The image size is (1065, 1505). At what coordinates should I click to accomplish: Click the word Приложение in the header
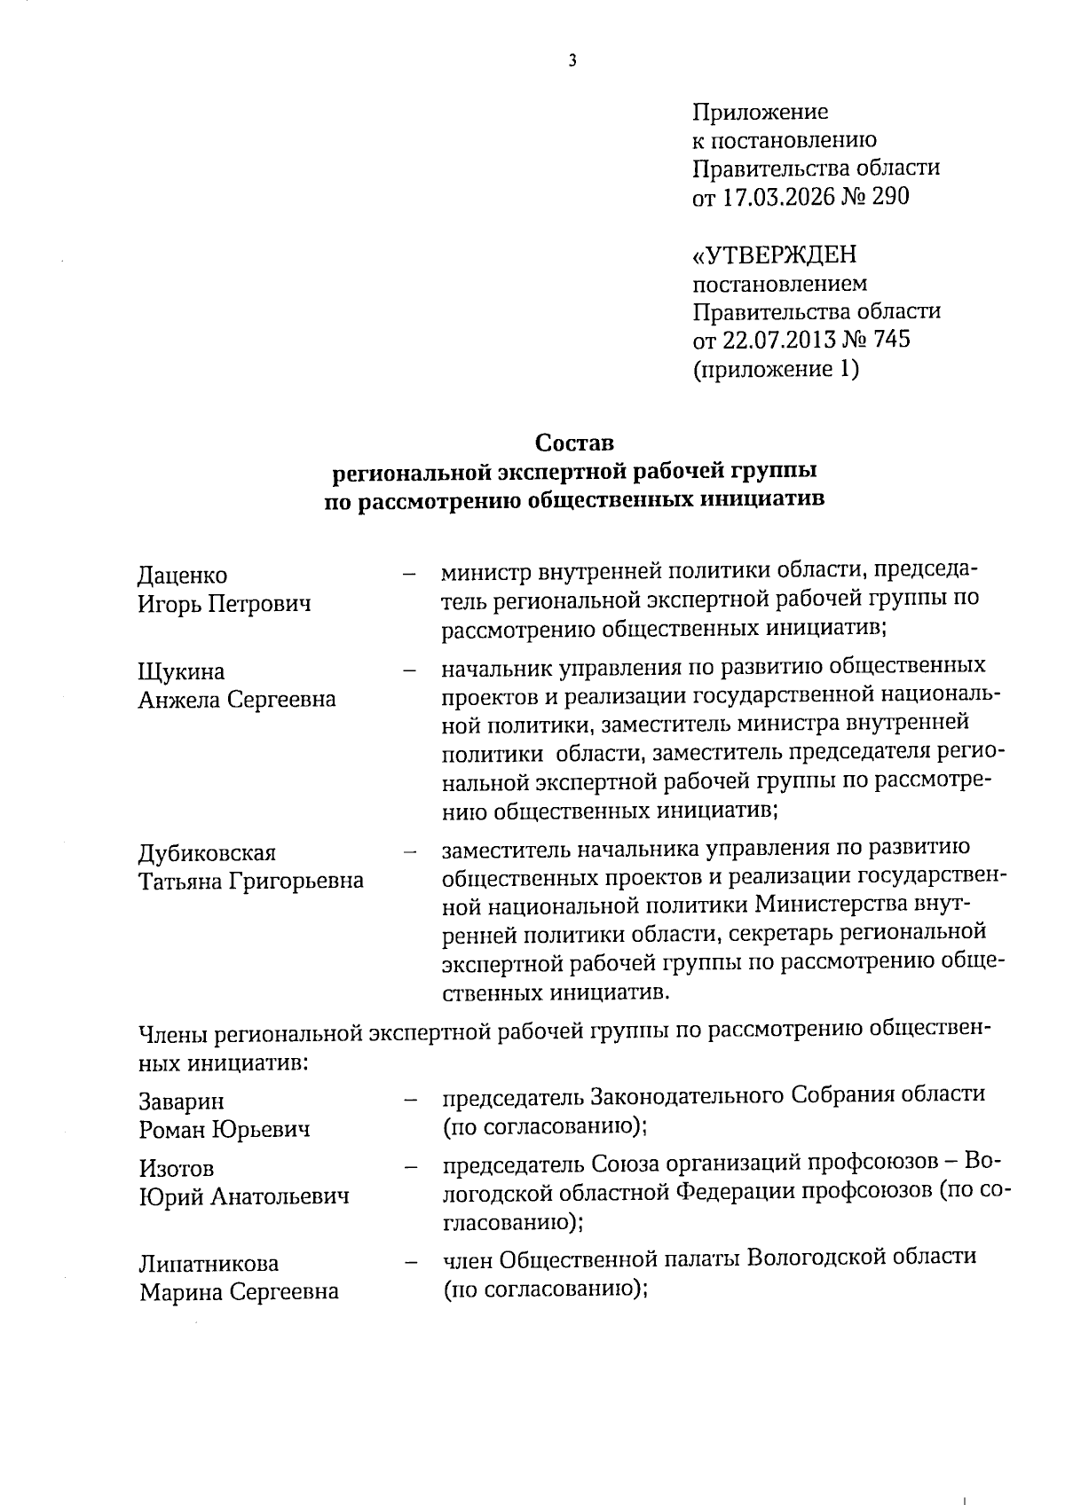pyautogui.click(x=760, y=112)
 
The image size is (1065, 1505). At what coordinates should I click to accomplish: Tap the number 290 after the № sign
pyautogui.click(x=891, y=197)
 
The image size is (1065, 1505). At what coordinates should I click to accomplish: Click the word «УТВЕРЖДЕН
pyautogui.click(x=775, y=255)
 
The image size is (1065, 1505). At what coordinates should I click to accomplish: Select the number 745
pyautogui.click(x=892, y=340)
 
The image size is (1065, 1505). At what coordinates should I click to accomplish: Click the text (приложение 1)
pyautogui.click(x=776, y=369)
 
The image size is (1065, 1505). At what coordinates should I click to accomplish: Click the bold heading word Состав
pyautogui.click(x=574, y=442)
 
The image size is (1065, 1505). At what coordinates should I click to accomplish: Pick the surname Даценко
pyautogui.click(x=183, y=576)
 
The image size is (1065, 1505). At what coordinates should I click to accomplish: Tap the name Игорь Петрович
pyautogui.click(x=225, y=605)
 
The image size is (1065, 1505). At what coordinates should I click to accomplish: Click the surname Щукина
pyautogui.click(x=182, y=671)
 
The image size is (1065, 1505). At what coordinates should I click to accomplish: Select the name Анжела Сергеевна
pyautogui.click(x=237, y=700)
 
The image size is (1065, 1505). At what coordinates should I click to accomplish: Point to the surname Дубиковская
pyautogui.click(x=207, y=853)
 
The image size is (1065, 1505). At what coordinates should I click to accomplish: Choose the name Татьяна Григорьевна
pyautogui.click(x=251, y=882)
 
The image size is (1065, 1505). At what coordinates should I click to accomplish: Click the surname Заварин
pyautogui.click(x=182, y=1101)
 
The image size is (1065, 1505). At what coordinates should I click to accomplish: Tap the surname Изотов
pyautogui.click(x=177, y=1169)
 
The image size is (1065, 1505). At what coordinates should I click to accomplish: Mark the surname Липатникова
pyautogui.click(x=209, y=1263)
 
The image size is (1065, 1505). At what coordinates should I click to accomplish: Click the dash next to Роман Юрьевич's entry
pyautogui.click(x=410, y=1101)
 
